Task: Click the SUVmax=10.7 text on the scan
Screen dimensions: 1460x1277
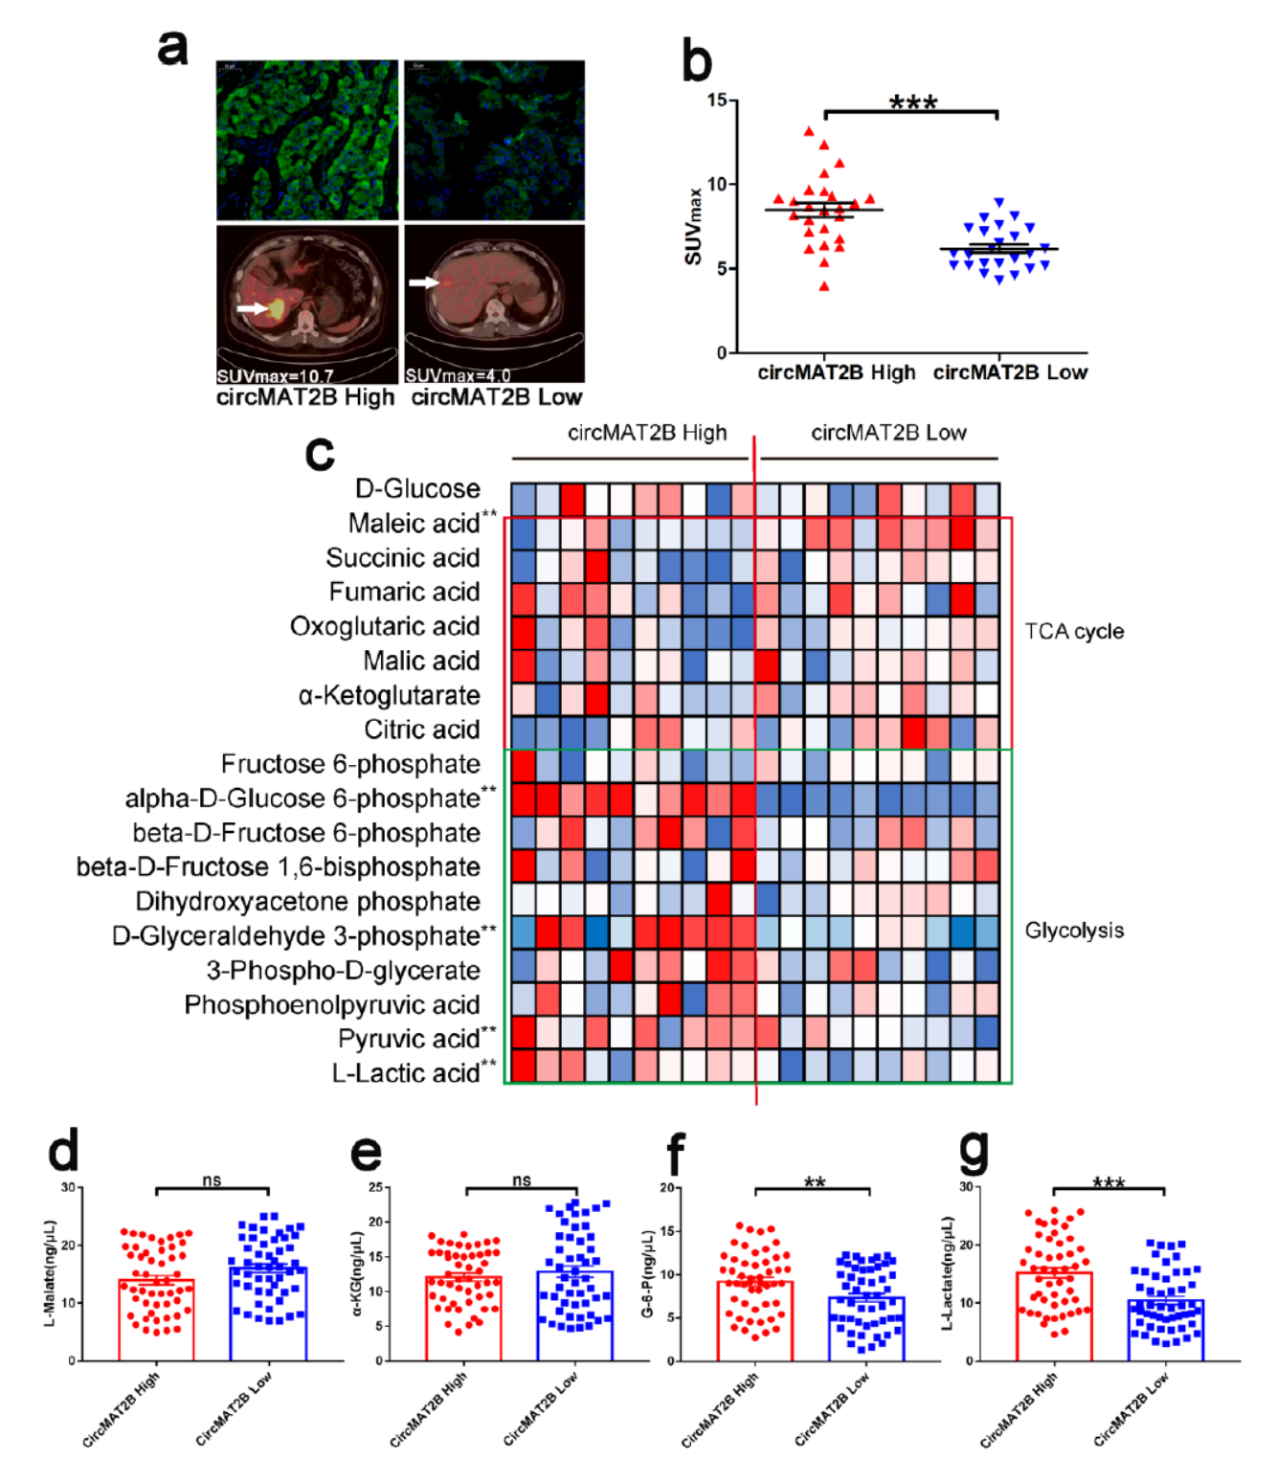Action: tap(275, 376)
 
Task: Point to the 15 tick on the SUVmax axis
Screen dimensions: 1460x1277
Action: tap(717, 100)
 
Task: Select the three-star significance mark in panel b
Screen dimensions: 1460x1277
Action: tap(912, 101)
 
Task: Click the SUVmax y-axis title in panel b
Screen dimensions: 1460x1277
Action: tap(694, 226)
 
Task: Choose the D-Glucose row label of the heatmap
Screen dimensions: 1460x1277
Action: tap(417, 488)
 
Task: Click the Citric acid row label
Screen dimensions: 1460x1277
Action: tap(421, 730)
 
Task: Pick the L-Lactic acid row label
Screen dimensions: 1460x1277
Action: tap(406, 1073)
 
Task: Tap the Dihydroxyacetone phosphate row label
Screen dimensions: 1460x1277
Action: tap(307, 902)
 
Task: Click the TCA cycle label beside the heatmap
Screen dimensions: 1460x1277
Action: tap(1074, 632)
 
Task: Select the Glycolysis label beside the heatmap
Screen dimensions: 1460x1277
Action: tap(1074, 931)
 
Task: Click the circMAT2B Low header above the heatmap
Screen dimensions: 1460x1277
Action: tap(888, 433)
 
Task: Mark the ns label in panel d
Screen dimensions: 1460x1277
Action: tap(212, 1180)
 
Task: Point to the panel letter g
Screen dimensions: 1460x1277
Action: tap(973, 1150)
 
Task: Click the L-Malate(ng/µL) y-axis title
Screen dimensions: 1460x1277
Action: tap(50, 1273)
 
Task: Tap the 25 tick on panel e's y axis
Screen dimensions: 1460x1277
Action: tap(375, 1187)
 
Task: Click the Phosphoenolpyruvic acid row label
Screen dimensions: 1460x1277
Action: tap(332, 1005)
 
